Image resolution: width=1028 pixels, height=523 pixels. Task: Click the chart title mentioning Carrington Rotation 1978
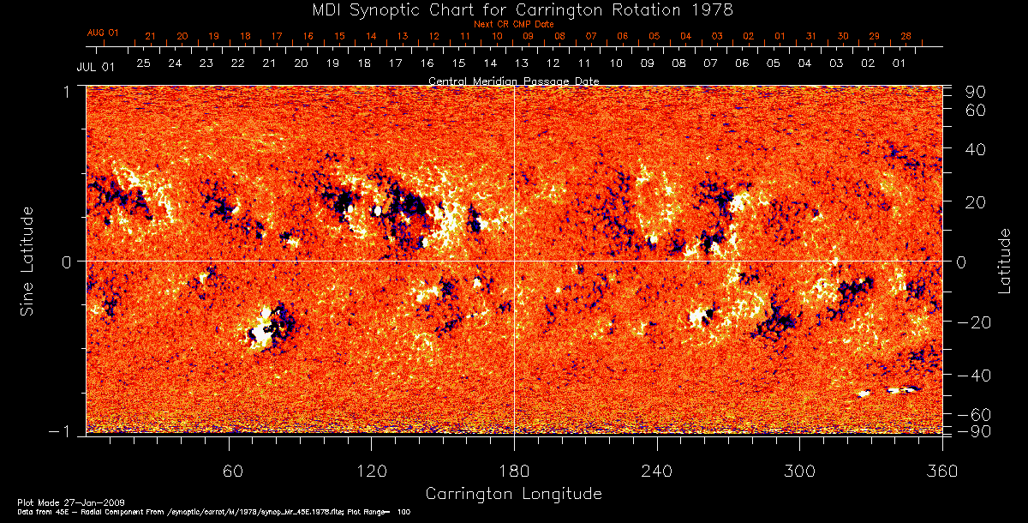tap(514, 9)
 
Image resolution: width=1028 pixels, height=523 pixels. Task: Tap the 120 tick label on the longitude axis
tap(372, 472)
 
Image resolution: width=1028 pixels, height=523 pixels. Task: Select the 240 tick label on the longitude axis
tap(657, 472)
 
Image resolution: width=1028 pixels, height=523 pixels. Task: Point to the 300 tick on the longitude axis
tap(799, 472)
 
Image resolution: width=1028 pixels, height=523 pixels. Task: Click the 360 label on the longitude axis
tap(941, 472)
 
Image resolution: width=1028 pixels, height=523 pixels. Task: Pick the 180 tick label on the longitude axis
tap(514, 472)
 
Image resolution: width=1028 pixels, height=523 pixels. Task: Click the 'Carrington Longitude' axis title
tap(513, 494)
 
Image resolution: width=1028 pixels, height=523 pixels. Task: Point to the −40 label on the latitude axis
tap(973, 376)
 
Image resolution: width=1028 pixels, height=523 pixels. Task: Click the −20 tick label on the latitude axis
tap(973, 322)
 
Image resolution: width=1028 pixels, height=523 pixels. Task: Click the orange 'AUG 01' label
tap(103, 33)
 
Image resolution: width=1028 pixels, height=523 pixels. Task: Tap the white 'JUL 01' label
tap(95, 66)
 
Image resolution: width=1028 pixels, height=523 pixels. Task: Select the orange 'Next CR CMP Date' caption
tap(514, 24)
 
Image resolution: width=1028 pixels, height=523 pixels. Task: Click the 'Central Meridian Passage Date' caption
tap(514, 81)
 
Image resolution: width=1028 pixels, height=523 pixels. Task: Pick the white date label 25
tap(143, 63)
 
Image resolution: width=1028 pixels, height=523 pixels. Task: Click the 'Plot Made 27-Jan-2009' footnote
tap(58, 501)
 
